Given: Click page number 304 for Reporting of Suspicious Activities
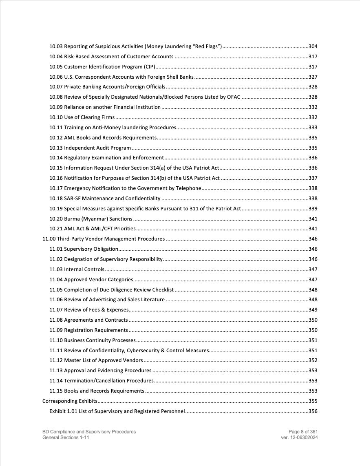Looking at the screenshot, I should (x=313, y=46).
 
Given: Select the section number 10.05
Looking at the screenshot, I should (x=56, y=67).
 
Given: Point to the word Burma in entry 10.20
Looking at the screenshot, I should (x=72, y=219).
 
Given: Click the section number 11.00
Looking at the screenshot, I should (x=49, y=239).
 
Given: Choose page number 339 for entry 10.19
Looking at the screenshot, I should (x=313, y=209).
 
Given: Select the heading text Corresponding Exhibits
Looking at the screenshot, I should (x=70, y=401).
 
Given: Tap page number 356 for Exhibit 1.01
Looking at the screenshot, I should (x=313, y=411).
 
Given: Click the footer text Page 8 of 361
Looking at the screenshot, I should (x=303, y=432).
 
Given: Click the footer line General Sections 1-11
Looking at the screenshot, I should (x=66, y=437).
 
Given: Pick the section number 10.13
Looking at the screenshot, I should (x=56, y=148).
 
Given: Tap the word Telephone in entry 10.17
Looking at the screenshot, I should (x=189, y=188).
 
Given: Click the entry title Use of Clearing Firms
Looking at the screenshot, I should (x=89, y=117).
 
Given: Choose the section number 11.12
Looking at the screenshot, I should (x=56, y=360).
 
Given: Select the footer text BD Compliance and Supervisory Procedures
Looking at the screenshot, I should (x=89, y=432).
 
